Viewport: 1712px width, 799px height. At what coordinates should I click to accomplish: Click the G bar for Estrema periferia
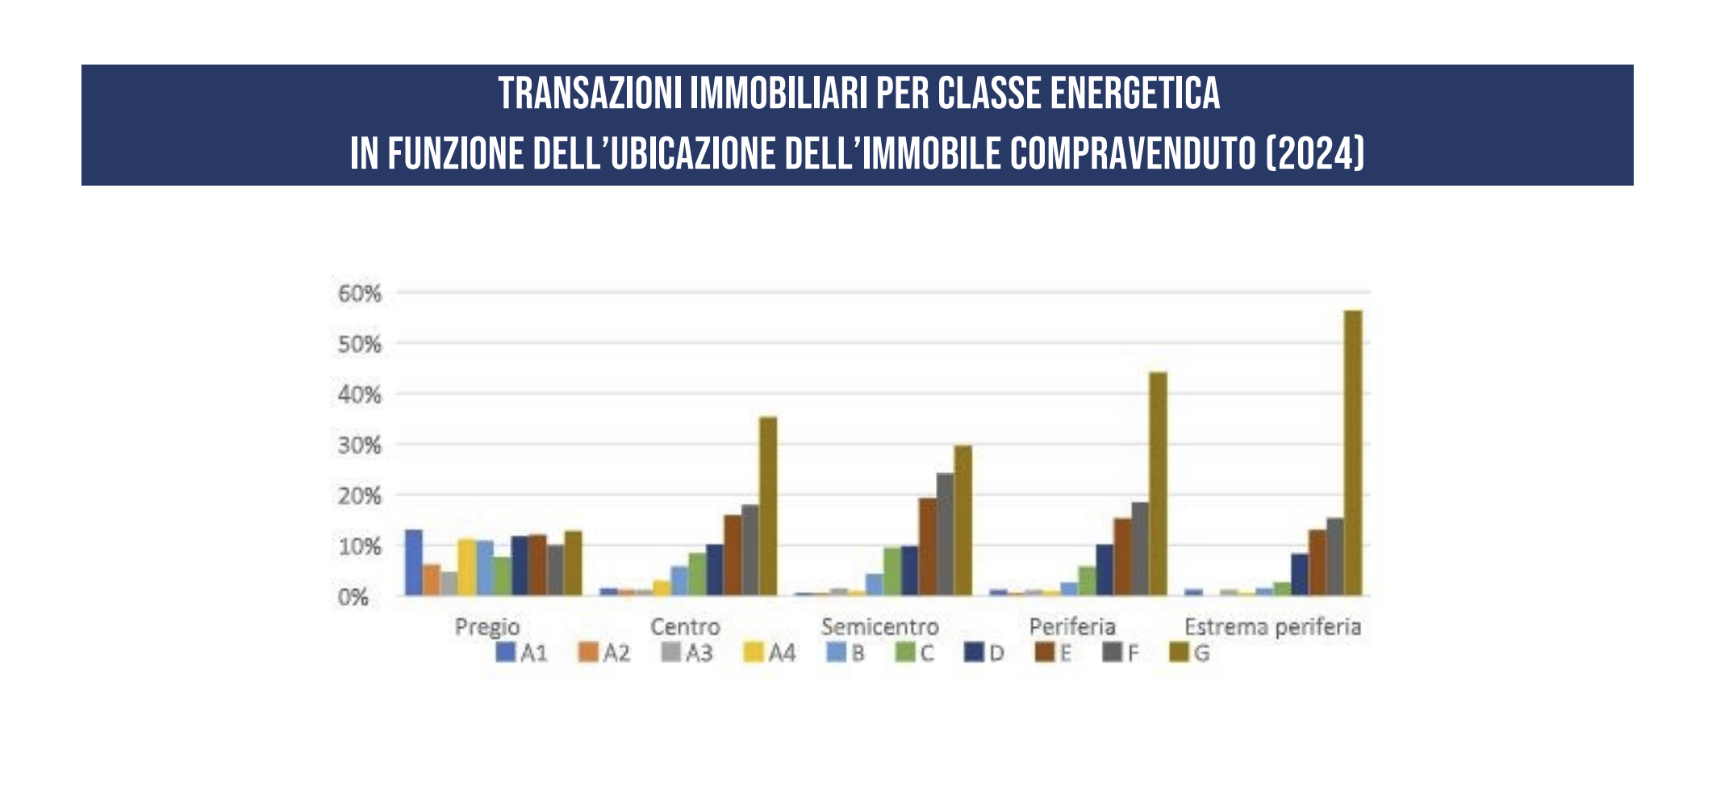click(x=1353, y=453)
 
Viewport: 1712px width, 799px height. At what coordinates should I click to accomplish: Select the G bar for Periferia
click(x=1158, y=483)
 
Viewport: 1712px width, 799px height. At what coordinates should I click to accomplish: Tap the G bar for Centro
click(x=768, y=506)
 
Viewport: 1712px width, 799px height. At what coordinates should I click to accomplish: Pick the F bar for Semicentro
click(x=945, y=534)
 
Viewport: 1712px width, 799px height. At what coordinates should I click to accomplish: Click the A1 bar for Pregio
click(x=414, y=563)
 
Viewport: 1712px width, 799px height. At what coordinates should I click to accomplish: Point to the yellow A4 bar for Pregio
click(x=467, y=567)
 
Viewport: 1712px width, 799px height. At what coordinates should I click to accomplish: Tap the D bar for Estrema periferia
click(x=1300, y=575)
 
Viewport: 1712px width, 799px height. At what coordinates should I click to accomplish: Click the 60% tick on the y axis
click(x=360, y=294)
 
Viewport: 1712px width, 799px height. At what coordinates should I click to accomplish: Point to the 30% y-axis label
click(x=360, y=446)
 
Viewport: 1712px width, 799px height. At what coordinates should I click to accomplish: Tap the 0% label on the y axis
click(x=353, y=597)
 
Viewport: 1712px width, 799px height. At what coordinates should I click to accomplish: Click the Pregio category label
click(x=487, y=626)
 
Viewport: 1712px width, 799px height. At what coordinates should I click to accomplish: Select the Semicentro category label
click(x=879, y=626)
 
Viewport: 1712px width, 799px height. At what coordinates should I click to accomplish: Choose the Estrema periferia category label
click(x=1272, y=626)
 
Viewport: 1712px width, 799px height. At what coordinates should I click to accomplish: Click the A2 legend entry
click(x=604, y=652)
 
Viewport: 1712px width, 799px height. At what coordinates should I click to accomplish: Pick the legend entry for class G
click(x=1191, y=652)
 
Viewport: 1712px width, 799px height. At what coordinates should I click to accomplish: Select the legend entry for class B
click(x=846, y=652)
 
